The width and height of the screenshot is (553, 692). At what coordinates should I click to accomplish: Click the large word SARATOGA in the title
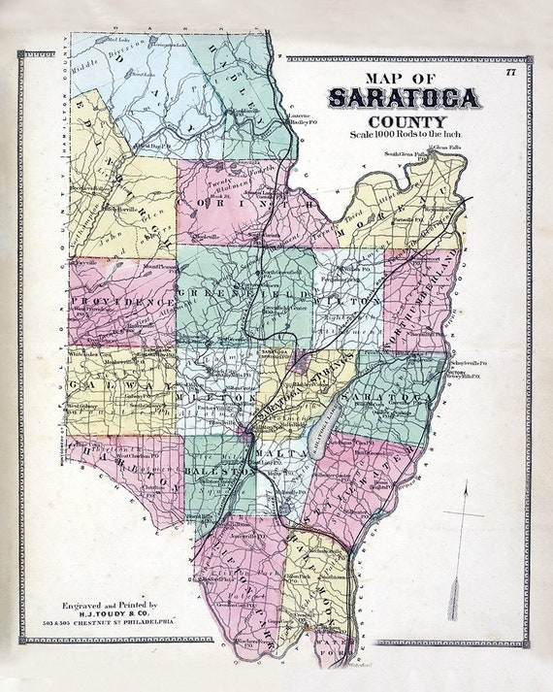point(403,97)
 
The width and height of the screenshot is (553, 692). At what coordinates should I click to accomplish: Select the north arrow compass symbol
point(463,553)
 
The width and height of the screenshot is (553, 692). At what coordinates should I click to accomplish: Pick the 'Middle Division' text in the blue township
point(108,60)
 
